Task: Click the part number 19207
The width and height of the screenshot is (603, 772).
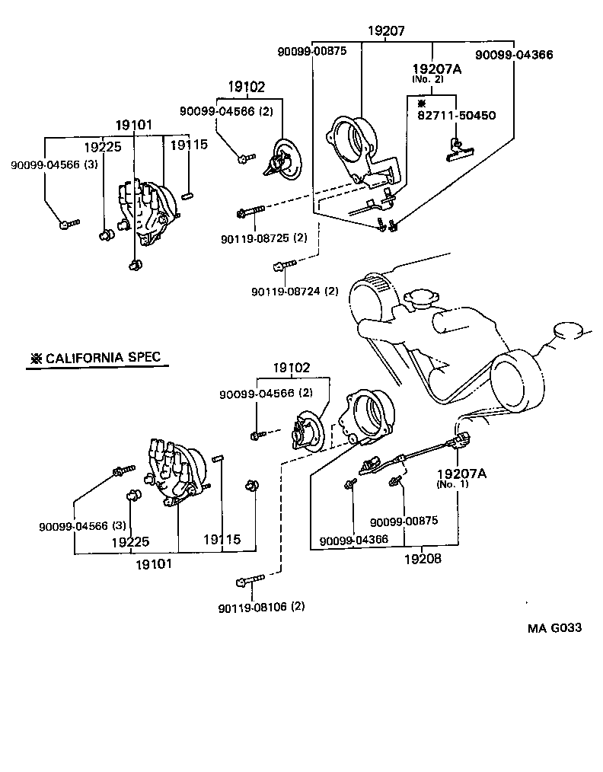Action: coord(386,31)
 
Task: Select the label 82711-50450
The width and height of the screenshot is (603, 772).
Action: coord(456,116)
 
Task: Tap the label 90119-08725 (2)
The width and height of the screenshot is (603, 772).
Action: coord(263,238)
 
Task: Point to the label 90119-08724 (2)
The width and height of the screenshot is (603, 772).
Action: coord(295,291)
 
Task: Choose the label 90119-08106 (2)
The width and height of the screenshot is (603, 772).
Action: coord(260,607)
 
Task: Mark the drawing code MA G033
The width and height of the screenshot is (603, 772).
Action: coord(556,628)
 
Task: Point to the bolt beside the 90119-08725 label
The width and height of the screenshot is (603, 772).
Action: coord(250,210)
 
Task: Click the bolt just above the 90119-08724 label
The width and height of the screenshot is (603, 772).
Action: coord(283,266)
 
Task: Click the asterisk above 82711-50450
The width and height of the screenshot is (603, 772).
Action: coord(421,103)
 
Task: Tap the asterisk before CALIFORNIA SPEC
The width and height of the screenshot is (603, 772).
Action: coord(34,358)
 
